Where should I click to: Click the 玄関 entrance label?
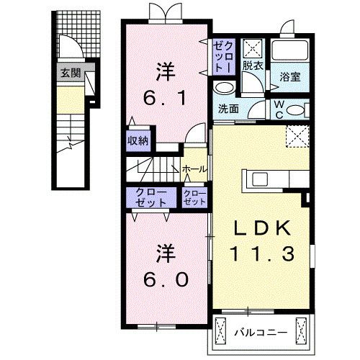pyautogui.click(x=70, y=73)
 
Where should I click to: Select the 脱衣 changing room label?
pyautogui.click(x=252, y=64)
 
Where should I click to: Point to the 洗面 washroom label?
pyautogui.click(x=228, y=109)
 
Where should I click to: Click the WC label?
pyautogui.click(x=278, y=108)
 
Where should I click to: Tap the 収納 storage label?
pyautogui.click(x=138, y=141)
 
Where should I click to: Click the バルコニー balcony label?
pyautogui.click(x=262, y=333)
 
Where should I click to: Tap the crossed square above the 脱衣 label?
pyautogui.click(x=252, y=48)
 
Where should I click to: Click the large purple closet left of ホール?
pyautogui.click(x=150, y=198)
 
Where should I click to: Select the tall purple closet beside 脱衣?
pyautogui.click(x=222, y=55)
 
